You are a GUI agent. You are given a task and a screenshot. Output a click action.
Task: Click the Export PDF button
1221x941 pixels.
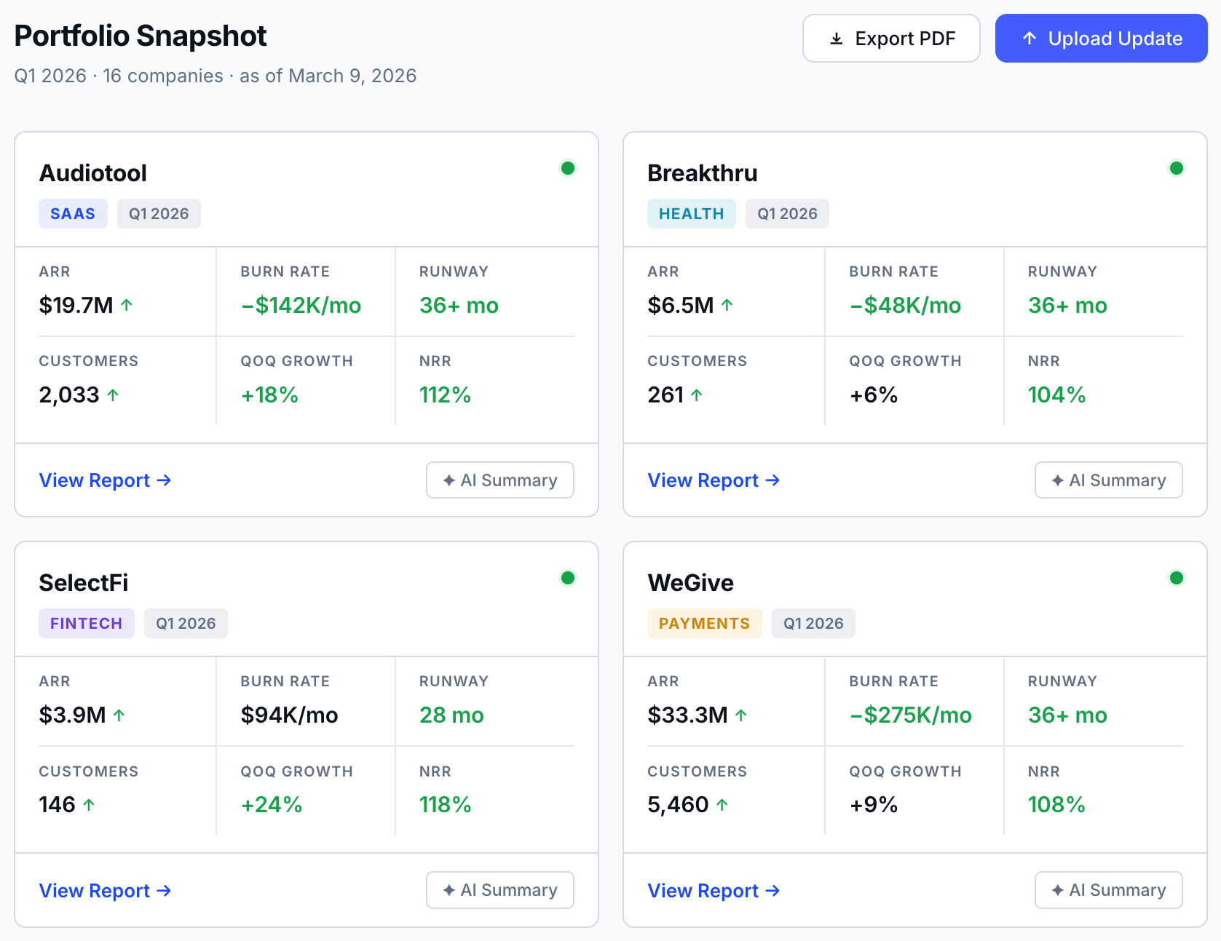point(891,39)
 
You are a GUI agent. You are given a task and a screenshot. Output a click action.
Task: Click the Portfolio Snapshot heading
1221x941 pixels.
point(141,36)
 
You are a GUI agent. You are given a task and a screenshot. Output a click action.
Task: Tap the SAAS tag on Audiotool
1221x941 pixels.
point(73,214)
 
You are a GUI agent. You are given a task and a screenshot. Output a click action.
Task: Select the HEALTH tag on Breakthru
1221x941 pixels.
point(691,214)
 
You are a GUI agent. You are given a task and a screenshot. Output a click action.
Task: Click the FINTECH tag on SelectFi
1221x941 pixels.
point(86,624)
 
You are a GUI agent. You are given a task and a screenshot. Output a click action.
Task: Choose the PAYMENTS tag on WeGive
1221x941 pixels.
point(704,624)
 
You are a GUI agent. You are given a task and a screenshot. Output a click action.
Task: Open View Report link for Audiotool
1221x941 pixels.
point(105,480)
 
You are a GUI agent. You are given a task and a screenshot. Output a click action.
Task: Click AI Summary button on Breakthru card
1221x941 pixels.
point(1108,480)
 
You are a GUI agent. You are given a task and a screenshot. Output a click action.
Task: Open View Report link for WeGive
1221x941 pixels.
point(714,891)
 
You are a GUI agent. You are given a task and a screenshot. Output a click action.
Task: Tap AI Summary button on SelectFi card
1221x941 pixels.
point(499,890)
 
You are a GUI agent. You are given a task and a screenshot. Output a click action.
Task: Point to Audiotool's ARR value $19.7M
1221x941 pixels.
point(76,305)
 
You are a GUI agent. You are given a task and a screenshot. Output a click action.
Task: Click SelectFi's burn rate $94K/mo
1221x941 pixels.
point(289,715)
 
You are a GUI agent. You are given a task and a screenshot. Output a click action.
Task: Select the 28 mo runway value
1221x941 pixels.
point(451,715)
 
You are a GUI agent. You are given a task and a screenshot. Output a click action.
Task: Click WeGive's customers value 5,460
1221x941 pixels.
point(678,805)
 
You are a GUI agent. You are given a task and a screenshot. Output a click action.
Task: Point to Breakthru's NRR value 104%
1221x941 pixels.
point(1056,395)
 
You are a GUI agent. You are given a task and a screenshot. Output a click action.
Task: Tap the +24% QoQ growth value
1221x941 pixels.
point(271,805)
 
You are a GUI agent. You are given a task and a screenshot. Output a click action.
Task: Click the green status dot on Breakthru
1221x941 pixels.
point(1176,168)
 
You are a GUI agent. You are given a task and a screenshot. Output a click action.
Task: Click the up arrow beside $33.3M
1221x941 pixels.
point(741,715)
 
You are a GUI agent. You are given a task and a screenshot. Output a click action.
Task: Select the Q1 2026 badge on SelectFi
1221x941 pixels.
point(186,624)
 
